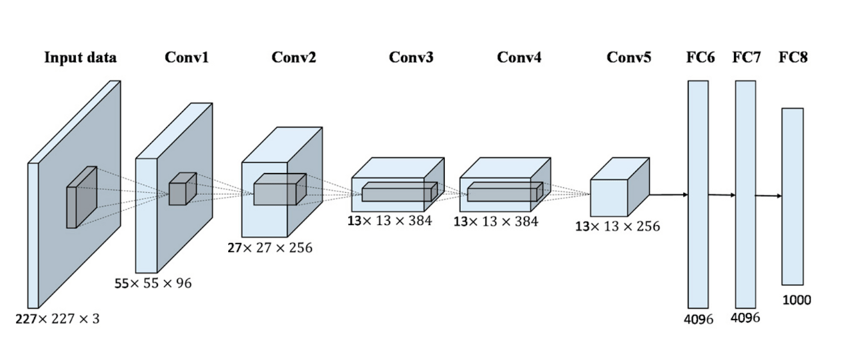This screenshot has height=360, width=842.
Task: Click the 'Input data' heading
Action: tap(80, 57)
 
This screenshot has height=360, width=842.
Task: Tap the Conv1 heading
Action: tap(186, 57)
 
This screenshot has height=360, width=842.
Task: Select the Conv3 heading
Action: tap(411, 57)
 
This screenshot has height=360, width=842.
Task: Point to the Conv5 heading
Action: tap(629, 57)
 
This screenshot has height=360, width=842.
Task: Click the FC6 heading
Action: tap(701, 57)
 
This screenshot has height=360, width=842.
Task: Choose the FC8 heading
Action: tap(793, 57)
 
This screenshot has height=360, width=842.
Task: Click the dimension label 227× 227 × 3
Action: tap(57, 319)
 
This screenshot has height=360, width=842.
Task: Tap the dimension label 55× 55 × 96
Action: tap(153, 283)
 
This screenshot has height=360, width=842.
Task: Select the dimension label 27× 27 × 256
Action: tap(270, 248)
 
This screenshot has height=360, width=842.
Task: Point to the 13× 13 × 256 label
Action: tap(618, 226)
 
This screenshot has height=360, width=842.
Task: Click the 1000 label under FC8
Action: tap(796, 300)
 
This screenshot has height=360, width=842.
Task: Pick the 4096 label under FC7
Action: tap(745, 318)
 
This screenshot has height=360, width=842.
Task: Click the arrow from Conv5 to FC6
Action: tap(668, 195)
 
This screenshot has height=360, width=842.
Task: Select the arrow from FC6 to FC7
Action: tap(722, 195)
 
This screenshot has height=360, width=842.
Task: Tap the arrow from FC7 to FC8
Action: tap(769, 196)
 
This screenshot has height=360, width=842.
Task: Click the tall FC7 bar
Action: tap(746, 194)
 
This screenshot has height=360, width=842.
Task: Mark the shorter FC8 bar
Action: tap(793, 197)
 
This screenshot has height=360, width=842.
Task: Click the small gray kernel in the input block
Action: tap(82, 197)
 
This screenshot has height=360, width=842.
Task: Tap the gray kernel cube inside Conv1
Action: tap(183, 188)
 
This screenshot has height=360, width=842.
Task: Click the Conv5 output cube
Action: tap(620, 187)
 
